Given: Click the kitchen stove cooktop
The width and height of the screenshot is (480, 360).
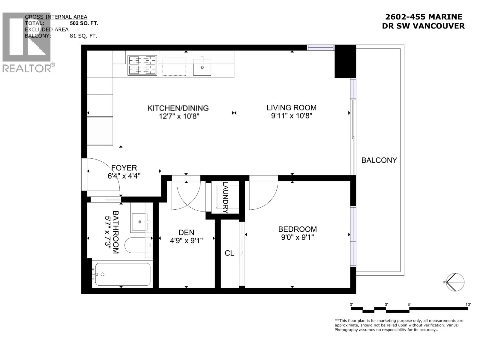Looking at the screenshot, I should [142, 65].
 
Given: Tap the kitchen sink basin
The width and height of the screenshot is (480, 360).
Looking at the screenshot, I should [202, 67].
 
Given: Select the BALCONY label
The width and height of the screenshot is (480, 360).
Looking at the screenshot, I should [379, 160].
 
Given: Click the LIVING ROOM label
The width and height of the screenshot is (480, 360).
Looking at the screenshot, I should [292, 107].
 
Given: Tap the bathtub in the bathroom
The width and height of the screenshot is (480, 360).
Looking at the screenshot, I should [123, 274].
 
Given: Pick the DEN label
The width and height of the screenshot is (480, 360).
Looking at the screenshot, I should [186, 232].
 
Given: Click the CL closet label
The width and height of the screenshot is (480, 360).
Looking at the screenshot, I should [229, 253].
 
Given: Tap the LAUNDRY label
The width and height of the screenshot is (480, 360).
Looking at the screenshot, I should [226, 197].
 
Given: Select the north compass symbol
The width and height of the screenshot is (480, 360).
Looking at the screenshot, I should [455, 282].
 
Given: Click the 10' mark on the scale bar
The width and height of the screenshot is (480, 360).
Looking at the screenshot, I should [468, 304].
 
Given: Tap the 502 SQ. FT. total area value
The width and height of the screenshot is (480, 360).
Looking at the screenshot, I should [84, 23].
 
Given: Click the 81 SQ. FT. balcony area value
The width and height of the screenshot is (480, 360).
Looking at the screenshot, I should [83, 36].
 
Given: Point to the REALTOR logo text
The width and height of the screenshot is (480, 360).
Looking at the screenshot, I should [27, 68].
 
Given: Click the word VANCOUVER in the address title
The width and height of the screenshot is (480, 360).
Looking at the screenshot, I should [439, 26].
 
